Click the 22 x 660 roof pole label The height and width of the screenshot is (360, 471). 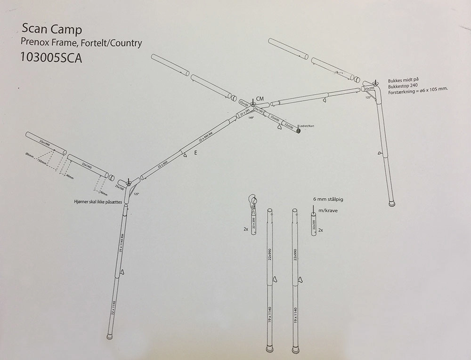point(162,165)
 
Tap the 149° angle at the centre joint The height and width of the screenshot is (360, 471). point(251,118)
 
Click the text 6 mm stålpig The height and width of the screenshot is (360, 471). point(329,199)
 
